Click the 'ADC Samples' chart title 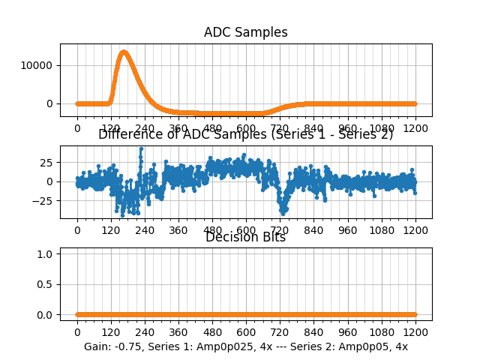click(245, 32)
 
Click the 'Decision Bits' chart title click(245, 238)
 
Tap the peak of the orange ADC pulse click(123, 52)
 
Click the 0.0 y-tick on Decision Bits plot click(46, 315)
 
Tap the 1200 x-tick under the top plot click(415, 129)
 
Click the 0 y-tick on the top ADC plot click(52, 103)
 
